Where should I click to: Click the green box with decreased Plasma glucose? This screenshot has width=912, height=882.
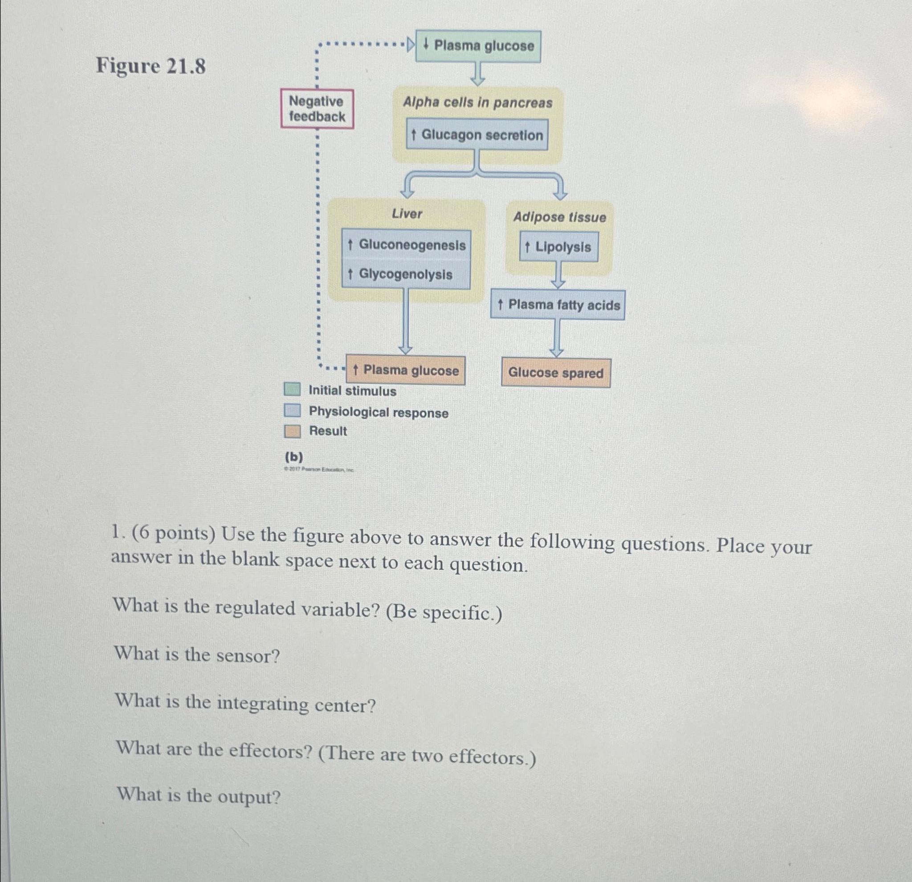478,46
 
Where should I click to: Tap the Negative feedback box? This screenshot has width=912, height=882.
317,109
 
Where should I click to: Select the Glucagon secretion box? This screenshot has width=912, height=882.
477,135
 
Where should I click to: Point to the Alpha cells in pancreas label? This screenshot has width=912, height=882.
477,102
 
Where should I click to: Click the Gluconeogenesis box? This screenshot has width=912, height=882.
406,245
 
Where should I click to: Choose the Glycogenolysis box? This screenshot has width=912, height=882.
406,274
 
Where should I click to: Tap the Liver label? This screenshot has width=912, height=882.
407,214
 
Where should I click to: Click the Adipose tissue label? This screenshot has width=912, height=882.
559,217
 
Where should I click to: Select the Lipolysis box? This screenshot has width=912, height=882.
558,247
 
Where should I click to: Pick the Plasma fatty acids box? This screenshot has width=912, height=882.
558,305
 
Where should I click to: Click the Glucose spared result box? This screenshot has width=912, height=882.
556,373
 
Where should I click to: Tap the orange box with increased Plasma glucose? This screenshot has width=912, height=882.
405,370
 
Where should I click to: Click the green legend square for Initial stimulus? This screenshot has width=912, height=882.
292,390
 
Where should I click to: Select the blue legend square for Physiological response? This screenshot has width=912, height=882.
292,411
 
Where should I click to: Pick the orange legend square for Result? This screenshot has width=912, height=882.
292,431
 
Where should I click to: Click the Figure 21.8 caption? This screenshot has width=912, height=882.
151,66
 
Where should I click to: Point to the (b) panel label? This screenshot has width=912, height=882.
293,457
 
